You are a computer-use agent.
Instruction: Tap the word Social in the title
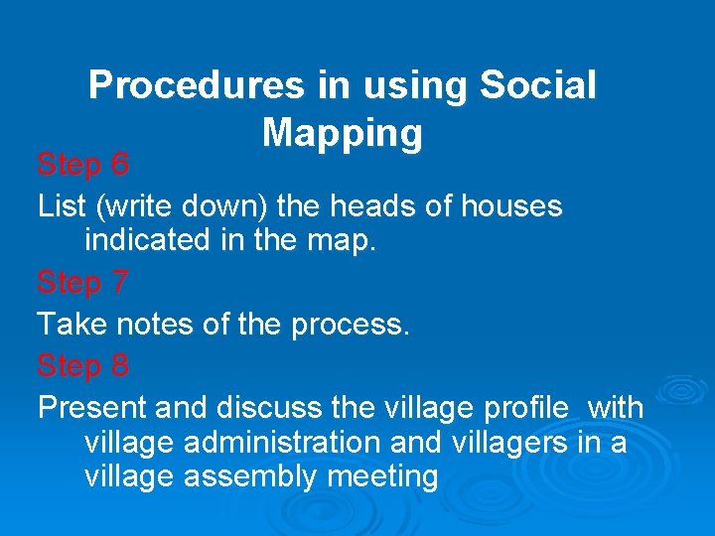(x=537, y=86)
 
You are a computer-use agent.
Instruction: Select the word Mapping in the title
(x=343, y=132)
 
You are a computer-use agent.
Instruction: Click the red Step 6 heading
(x=83, y=164)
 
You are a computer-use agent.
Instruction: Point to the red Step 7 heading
(x=83, y=283)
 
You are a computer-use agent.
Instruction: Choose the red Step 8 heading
(x=83, y=366)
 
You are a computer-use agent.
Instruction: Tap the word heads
(x=372, y=206)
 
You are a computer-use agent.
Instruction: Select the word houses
(x=508, y=206)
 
